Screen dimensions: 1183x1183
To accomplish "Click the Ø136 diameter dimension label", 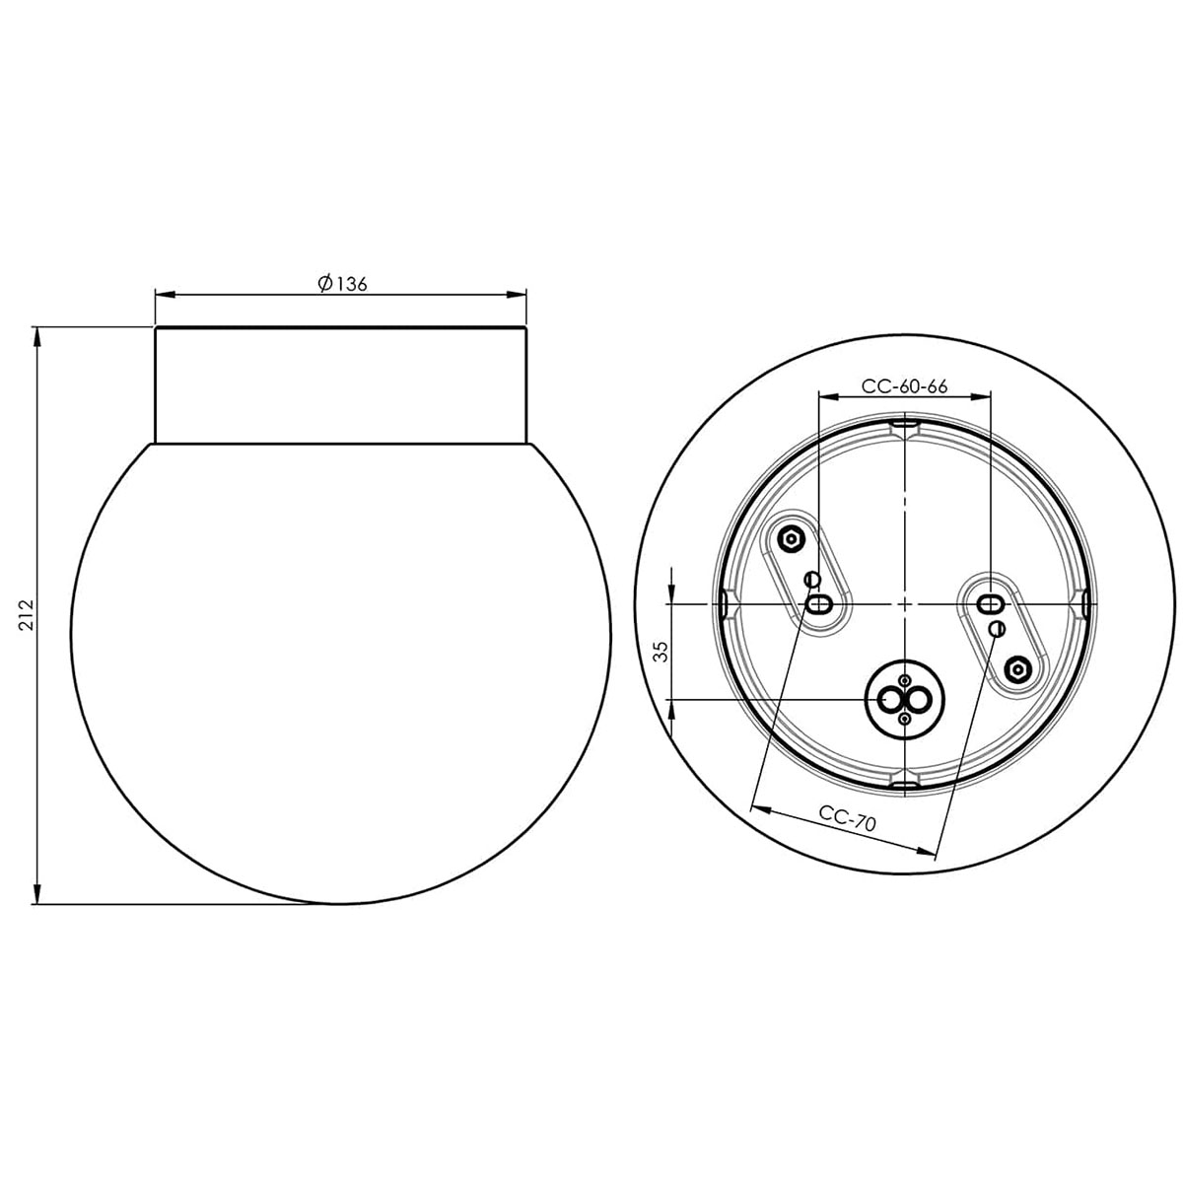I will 342,284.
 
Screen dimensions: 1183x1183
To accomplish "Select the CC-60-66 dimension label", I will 904,387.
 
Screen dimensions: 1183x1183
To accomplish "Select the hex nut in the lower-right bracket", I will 1018,669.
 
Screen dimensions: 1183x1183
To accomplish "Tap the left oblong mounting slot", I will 818,603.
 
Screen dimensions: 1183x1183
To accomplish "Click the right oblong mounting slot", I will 989,603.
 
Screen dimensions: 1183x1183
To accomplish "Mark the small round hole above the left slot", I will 812,579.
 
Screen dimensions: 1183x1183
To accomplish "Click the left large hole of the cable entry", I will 891,700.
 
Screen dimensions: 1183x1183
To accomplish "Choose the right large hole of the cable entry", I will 919,700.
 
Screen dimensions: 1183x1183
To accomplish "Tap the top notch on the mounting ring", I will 904,426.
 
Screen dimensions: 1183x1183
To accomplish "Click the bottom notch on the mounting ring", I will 904,783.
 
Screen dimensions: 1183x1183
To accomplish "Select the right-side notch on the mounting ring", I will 1084,603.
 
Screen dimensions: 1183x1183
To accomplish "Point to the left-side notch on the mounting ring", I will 723,603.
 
